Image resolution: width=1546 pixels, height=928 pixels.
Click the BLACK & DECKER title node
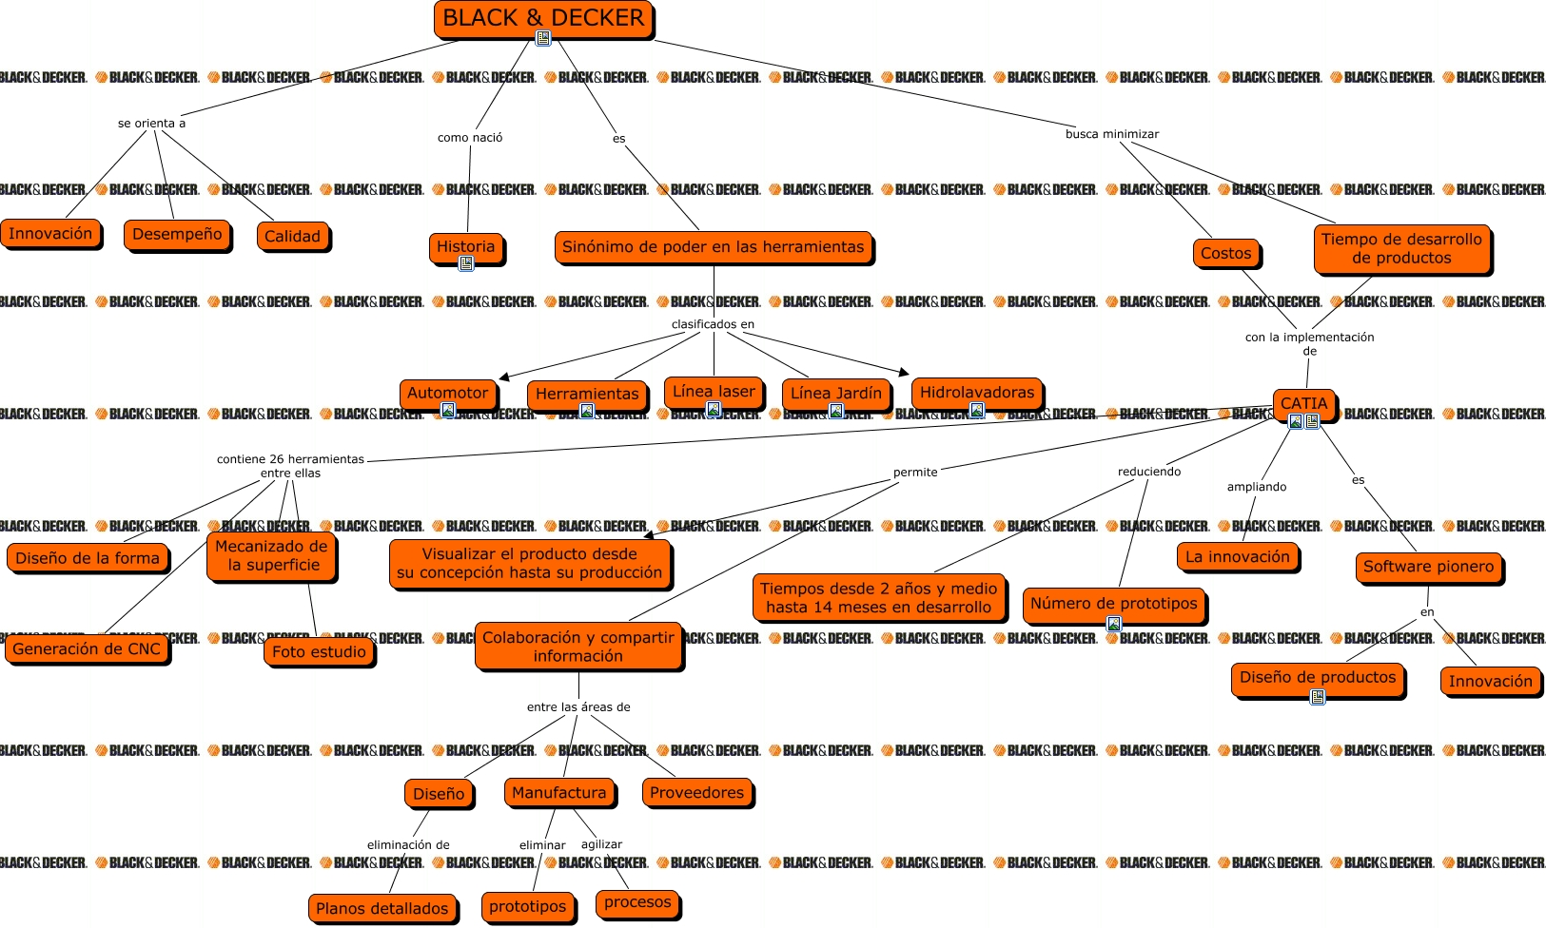click(x=543, y=18)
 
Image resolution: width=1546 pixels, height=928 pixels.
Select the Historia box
click(x=465, y=246)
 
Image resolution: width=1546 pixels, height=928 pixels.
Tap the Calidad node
click(x=292, y=236)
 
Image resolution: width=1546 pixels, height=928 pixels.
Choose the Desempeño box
click(x=177, y=234)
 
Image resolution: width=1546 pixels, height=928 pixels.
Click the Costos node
click(x=1225, y=253)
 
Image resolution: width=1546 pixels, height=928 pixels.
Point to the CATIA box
click(x=1303, y=403)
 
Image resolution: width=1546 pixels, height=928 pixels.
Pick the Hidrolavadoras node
click(x=976, y=392)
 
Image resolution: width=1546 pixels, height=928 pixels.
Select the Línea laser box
click(x=714, y=391)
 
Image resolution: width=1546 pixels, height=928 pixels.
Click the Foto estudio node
click(x=319, y=651)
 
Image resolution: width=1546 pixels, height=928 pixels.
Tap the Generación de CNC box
click(x=87, y=648)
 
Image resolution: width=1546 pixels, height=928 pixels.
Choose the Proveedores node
click(x=696, y=792)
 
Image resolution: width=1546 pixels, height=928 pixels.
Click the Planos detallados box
click(x=382, y=908)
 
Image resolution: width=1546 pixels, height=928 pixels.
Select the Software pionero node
click(x=1428, y=567)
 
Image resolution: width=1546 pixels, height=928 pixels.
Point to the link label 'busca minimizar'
click(x=1111, y=134)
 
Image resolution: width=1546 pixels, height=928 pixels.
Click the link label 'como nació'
click(x=470, y=138)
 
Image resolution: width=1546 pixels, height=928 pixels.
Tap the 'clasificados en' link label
click(x=713, y=324)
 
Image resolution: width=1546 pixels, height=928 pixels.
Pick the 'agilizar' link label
click(x=601, y=844)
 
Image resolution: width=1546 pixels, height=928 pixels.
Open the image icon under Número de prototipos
click(x=1113, y=624)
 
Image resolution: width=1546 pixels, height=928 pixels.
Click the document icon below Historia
click(x=466, y=263)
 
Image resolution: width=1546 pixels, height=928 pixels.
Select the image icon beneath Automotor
click(x=448, y=410)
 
